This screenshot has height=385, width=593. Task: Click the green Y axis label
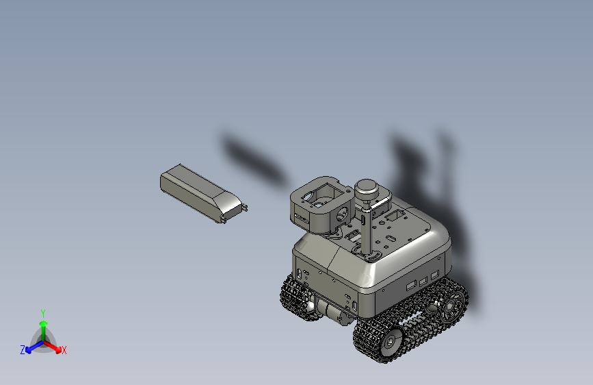click(x=43, y=312)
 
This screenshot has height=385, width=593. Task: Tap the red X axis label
click(x=64, y=350)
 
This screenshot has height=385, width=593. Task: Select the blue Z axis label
click(x=23, y=350)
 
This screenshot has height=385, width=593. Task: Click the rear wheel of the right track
click(x=451, y=306)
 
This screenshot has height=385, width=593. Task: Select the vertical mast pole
click(x=368, y=229)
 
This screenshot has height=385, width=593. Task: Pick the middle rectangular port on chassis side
click(x=424, y=280)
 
